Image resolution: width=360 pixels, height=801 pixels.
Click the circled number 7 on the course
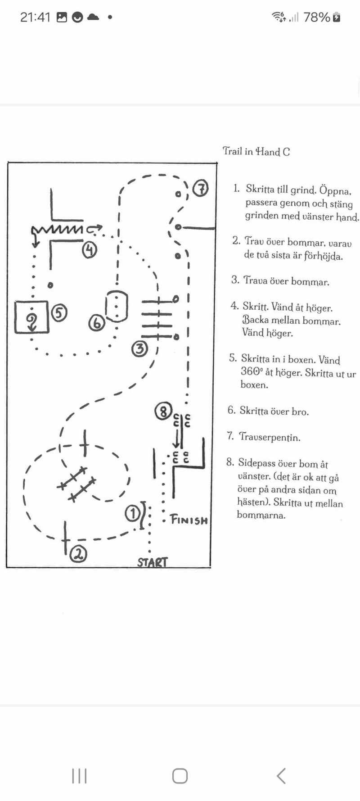point(201,188)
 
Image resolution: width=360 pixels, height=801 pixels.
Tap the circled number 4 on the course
point(90,249)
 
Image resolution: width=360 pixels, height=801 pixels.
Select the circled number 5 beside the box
point(59,312)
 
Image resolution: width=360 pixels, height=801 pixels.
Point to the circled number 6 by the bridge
point(96,322)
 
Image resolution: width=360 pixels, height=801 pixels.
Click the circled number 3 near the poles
point(139,348)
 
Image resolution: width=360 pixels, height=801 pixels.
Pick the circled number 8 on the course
point(163,411)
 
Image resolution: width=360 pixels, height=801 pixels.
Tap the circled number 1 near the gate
point(132,513)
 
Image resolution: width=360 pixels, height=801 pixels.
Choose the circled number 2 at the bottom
point(79,554)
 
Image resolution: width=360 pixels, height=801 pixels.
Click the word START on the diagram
point(153,562)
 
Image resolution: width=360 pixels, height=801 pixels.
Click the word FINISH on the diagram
point(189,520)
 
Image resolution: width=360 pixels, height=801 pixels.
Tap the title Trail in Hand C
point(256,151)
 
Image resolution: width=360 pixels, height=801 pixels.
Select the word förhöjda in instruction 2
point(323,256)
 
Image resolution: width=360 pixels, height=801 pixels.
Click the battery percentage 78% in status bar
point(317,17)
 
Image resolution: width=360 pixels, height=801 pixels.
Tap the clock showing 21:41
point(35,17)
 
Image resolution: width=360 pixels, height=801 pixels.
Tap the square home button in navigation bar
point(180,775)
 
